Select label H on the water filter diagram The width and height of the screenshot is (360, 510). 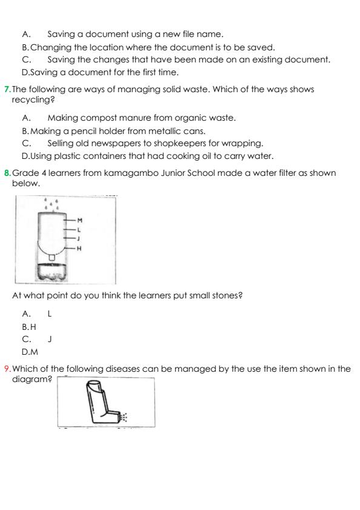(x=80, y=248)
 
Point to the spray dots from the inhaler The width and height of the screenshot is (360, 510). (x=124, y=417)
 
